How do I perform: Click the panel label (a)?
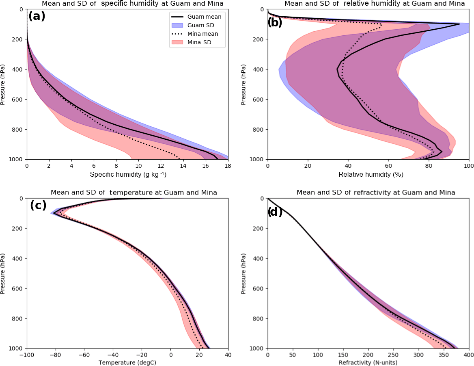(37, 16)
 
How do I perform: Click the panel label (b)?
(275, 22)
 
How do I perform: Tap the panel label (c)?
(38, 205)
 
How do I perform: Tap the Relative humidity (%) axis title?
(368, 175)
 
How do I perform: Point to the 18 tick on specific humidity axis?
(228, 166)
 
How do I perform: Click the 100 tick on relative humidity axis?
(468, 166)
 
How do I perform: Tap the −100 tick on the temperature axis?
(26, 355)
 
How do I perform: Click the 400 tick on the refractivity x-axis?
(468, 355)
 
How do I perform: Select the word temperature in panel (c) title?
(135, 192)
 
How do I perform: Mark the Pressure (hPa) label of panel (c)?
(3, 273)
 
